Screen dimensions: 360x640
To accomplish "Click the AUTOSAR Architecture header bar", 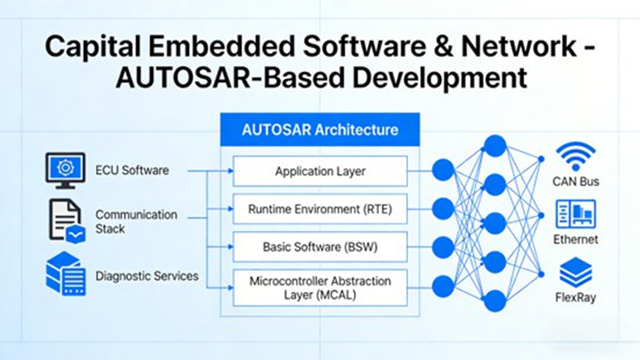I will (x=320, y=130).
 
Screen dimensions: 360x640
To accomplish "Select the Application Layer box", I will (x=320, y=171).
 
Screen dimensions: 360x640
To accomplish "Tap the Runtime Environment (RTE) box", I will (x=320, y=209).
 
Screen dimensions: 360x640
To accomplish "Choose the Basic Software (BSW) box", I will (x=320, y=247).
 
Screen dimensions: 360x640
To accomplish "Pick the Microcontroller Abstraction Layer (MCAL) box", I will (x=320, y=288).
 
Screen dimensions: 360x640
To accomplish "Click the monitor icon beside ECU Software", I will (x=65, y=170).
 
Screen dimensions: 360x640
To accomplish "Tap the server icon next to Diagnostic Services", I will (x=65, y=274).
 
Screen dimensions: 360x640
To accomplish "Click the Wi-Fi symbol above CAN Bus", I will (x=576, y=157).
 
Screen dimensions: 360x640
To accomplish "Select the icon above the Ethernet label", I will (x=576, y=215).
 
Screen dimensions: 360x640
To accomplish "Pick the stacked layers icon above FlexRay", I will (x=576, y=272).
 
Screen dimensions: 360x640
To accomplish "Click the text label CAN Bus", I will (x=576, y=181).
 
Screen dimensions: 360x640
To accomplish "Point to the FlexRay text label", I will (x=576, y=298).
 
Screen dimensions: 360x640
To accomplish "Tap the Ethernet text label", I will (x=576, y=240).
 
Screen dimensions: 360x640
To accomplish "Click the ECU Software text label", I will (x=132, y=170).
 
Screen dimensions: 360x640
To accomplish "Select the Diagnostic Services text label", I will (x=146, y=276).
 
